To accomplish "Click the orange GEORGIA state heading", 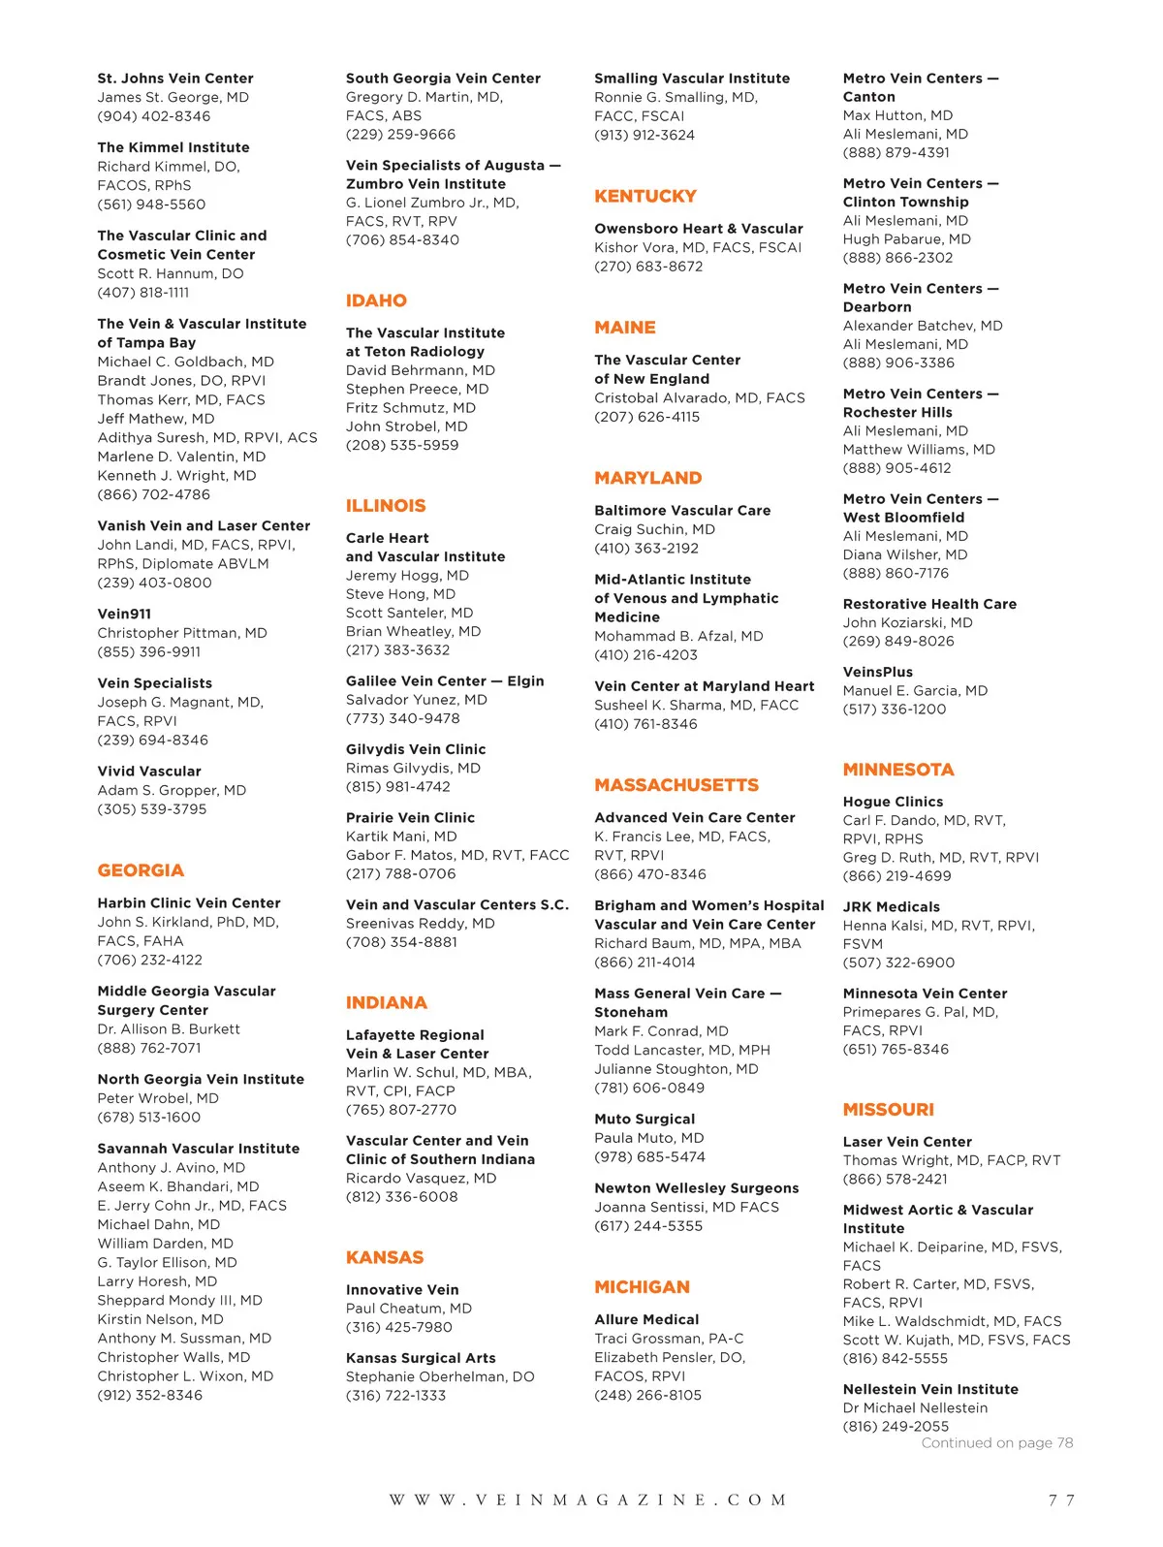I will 141,870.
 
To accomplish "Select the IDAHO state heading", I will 376,300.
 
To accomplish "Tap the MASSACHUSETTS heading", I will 676,785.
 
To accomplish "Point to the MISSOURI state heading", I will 888,1109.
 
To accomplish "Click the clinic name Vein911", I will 124,614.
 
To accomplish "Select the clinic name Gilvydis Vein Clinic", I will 416,749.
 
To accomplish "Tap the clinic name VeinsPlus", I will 877,672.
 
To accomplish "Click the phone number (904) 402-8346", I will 153,116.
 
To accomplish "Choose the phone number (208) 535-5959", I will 402,445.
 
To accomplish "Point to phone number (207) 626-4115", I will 646,417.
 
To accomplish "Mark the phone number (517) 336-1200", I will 894,709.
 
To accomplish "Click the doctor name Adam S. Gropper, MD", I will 172,790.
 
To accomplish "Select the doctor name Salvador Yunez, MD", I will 416,699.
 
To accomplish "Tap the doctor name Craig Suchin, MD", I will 654,529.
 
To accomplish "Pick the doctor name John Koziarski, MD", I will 907,622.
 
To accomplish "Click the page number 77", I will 1061,1500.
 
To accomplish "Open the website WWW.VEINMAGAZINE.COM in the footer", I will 588,1500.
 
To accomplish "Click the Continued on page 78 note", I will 996,1442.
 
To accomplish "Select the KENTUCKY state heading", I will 645,196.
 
